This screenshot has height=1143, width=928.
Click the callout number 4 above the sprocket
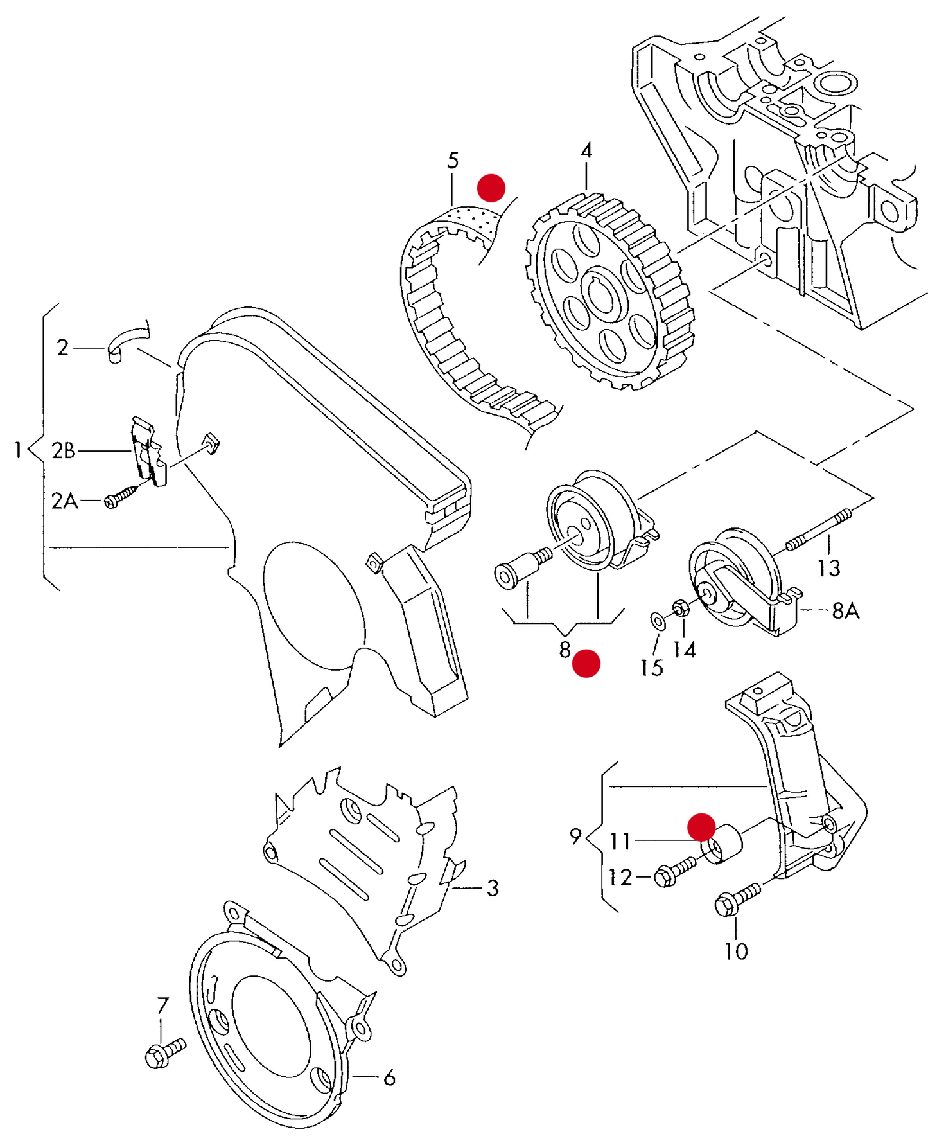click(x=586, y=151)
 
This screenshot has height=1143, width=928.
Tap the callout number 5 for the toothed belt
click(x=453, y=161)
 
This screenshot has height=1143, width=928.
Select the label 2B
click(x=63, y=451)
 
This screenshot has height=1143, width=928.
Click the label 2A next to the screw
click(x=64, y=501)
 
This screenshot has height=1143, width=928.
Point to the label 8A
click(x=845, y=610)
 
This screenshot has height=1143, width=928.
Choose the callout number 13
click(x=828, y=568)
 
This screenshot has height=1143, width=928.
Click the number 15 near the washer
click(x=651, y=668)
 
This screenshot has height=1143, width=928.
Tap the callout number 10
click(x=736, y=951)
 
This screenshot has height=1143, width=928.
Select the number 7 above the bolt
click(x=162, y=1006)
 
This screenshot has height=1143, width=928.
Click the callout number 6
click(x=389, y=1078)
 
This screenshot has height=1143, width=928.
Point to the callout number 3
click(x=493, y=888)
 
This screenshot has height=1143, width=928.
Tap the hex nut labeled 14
click(x=681, y=607)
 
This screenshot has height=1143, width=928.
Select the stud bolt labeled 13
click(x=819, y=529)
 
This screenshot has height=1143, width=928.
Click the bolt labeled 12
click(x=674, y=873)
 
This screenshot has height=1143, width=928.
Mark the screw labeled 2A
click(x=121, y=497)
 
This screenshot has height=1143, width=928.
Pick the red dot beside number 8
click(x=586, y=663)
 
